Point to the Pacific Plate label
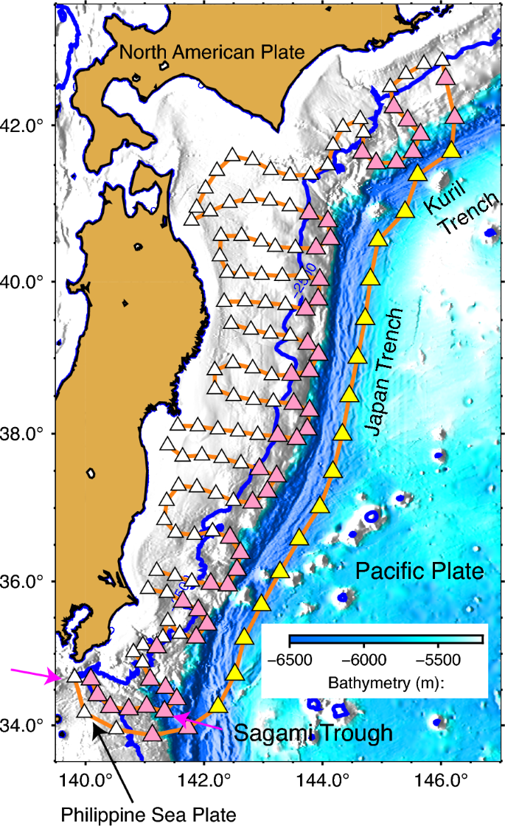point(419,571)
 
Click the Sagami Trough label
point(314,733)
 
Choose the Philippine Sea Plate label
point(148,814)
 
